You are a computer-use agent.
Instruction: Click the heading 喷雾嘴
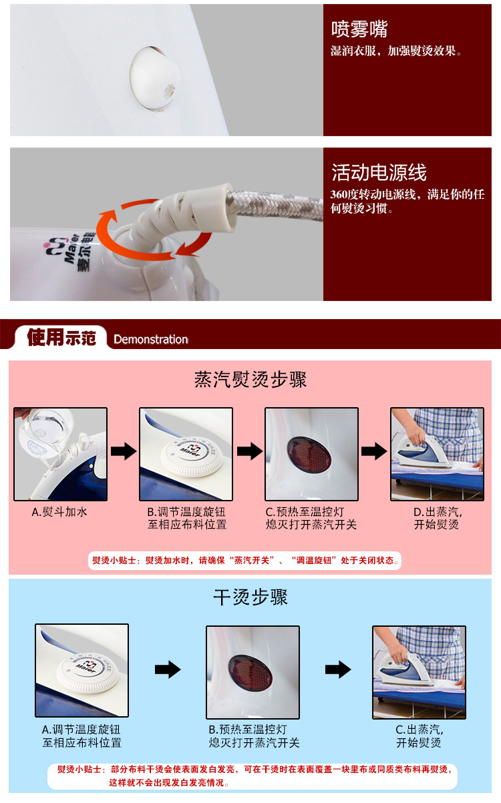[359, 29]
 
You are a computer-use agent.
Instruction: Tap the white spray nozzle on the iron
[154, 77]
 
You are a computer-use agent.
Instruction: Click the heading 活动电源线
[379, 172]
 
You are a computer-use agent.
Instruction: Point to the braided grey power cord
[277, 205]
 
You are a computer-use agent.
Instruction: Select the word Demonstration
[150, 339]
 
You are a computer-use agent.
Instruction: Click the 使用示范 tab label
[61, 337]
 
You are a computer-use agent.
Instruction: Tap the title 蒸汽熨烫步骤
[251, 379]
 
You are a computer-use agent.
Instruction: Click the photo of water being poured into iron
[60, 454]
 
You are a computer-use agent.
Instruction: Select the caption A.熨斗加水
[59, 512]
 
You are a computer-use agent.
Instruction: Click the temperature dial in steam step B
[191, 456]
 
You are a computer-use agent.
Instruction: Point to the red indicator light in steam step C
[309, 454]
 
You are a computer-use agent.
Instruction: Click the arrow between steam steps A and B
[124, 451]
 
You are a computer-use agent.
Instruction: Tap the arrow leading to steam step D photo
[374, 451]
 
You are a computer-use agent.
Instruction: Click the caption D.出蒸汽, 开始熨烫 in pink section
[437, 519]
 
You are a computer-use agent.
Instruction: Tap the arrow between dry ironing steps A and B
[168, 670]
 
